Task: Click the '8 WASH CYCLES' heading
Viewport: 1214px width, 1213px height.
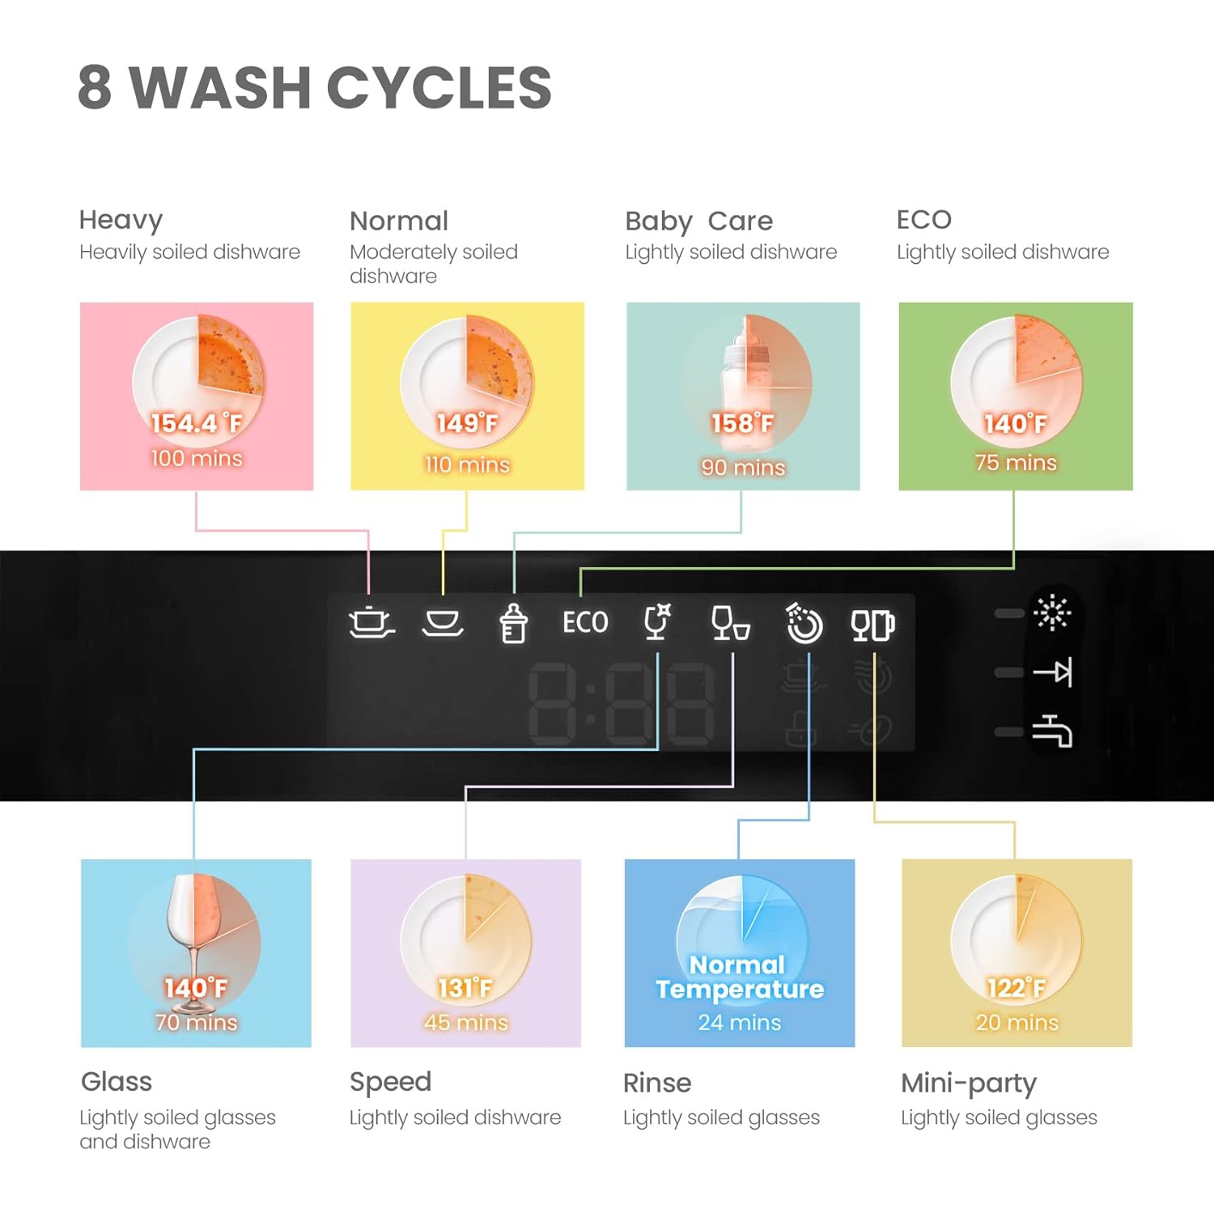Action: point(314,87)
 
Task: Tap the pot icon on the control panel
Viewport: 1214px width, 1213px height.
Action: point(371,622)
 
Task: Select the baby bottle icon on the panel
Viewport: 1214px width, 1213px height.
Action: point(513,623)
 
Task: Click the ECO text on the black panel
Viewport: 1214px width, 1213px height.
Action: point(585,622)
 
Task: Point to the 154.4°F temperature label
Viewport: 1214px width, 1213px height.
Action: point(197,422)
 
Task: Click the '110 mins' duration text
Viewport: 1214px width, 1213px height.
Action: point(467,464)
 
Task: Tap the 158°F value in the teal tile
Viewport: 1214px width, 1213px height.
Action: point(742,422)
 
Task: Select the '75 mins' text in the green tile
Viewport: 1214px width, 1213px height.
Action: point(1016,462)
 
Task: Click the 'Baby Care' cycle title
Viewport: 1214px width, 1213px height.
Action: point(698,221)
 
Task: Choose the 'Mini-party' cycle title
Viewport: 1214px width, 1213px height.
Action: point(968,1083)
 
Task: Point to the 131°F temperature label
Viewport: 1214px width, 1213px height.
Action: point(465,987)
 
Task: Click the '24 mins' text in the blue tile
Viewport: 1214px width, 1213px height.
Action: point(740,1022)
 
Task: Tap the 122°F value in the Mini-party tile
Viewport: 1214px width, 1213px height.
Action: point(1016,987)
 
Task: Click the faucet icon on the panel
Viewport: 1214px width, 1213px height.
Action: point(1052,731)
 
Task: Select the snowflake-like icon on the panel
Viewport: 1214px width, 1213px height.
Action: point(1052,613)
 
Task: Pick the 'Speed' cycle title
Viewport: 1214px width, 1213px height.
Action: point(390,1082)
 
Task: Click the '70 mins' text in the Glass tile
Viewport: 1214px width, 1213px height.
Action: point(196,1022)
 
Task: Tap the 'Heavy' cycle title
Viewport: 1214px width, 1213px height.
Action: point(121,219)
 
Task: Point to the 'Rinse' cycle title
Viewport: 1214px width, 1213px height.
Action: point(657,1083)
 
